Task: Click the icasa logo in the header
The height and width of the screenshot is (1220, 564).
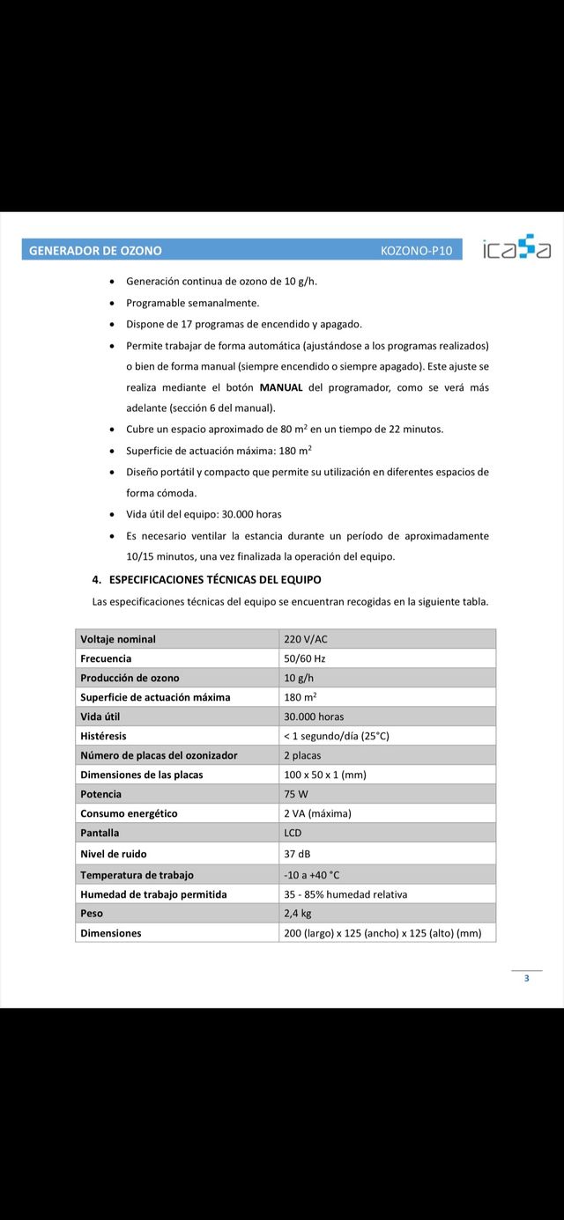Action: [516, 249]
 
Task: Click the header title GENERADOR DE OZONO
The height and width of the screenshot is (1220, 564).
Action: [95, 251]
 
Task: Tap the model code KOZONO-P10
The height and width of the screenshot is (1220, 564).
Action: [416, 251]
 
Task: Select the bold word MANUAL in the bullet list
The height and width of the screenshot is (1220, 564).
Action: [280, 387]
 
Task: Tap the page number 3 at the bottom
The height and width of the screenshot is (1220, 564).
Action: [527, 979]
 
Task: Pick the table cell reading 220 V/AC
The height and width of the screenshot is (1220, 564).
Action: [305, 639]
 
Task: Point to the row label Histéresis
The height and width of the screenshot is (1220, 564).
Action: [103, 736]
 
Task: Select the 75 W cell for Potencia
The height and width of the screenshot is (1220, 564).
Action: [296, 794]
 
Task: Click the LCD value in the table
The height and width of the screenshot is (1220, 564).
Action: [293, 833]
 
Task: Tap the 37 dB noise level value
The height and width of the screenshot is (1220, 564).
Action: [297, 854]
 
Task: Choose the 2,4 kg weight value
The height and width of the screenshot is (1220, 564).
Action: [298, 914]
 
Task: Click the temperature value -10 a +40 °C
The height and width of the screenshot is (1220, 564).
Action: [312, 875]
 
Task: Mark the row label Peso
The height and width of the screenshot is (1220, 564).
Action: [92, 914]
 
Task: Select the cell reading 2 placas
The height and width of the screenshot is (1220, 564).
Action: [302, 755]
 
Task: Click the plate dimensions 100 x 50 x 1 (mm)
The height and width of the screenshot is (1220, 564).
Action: [324, 775]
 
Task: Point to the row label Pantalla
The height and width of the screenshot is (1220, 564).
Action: [100, 833]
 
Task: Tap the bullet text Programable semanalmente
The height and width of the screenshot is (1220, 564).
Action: [192, 303]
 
